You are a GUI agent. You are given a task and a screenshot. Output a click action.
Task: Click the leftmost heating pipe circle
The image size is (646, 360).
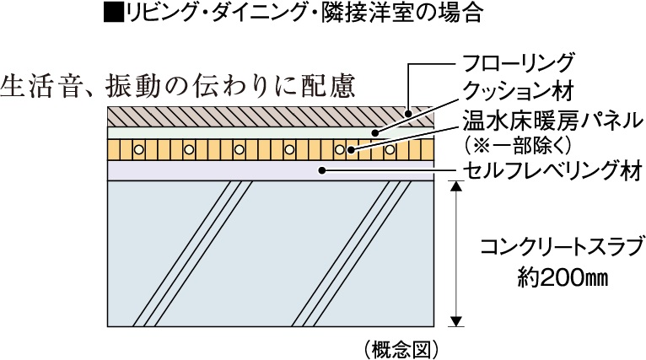coord(140,149)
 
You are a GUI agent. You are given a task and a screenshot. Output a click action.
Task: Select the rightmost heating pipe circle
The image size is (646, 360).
coord(390,149)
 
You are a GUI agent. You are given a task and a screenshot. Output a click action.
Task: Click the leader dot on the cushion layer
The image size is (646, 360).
coord(377,132)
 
